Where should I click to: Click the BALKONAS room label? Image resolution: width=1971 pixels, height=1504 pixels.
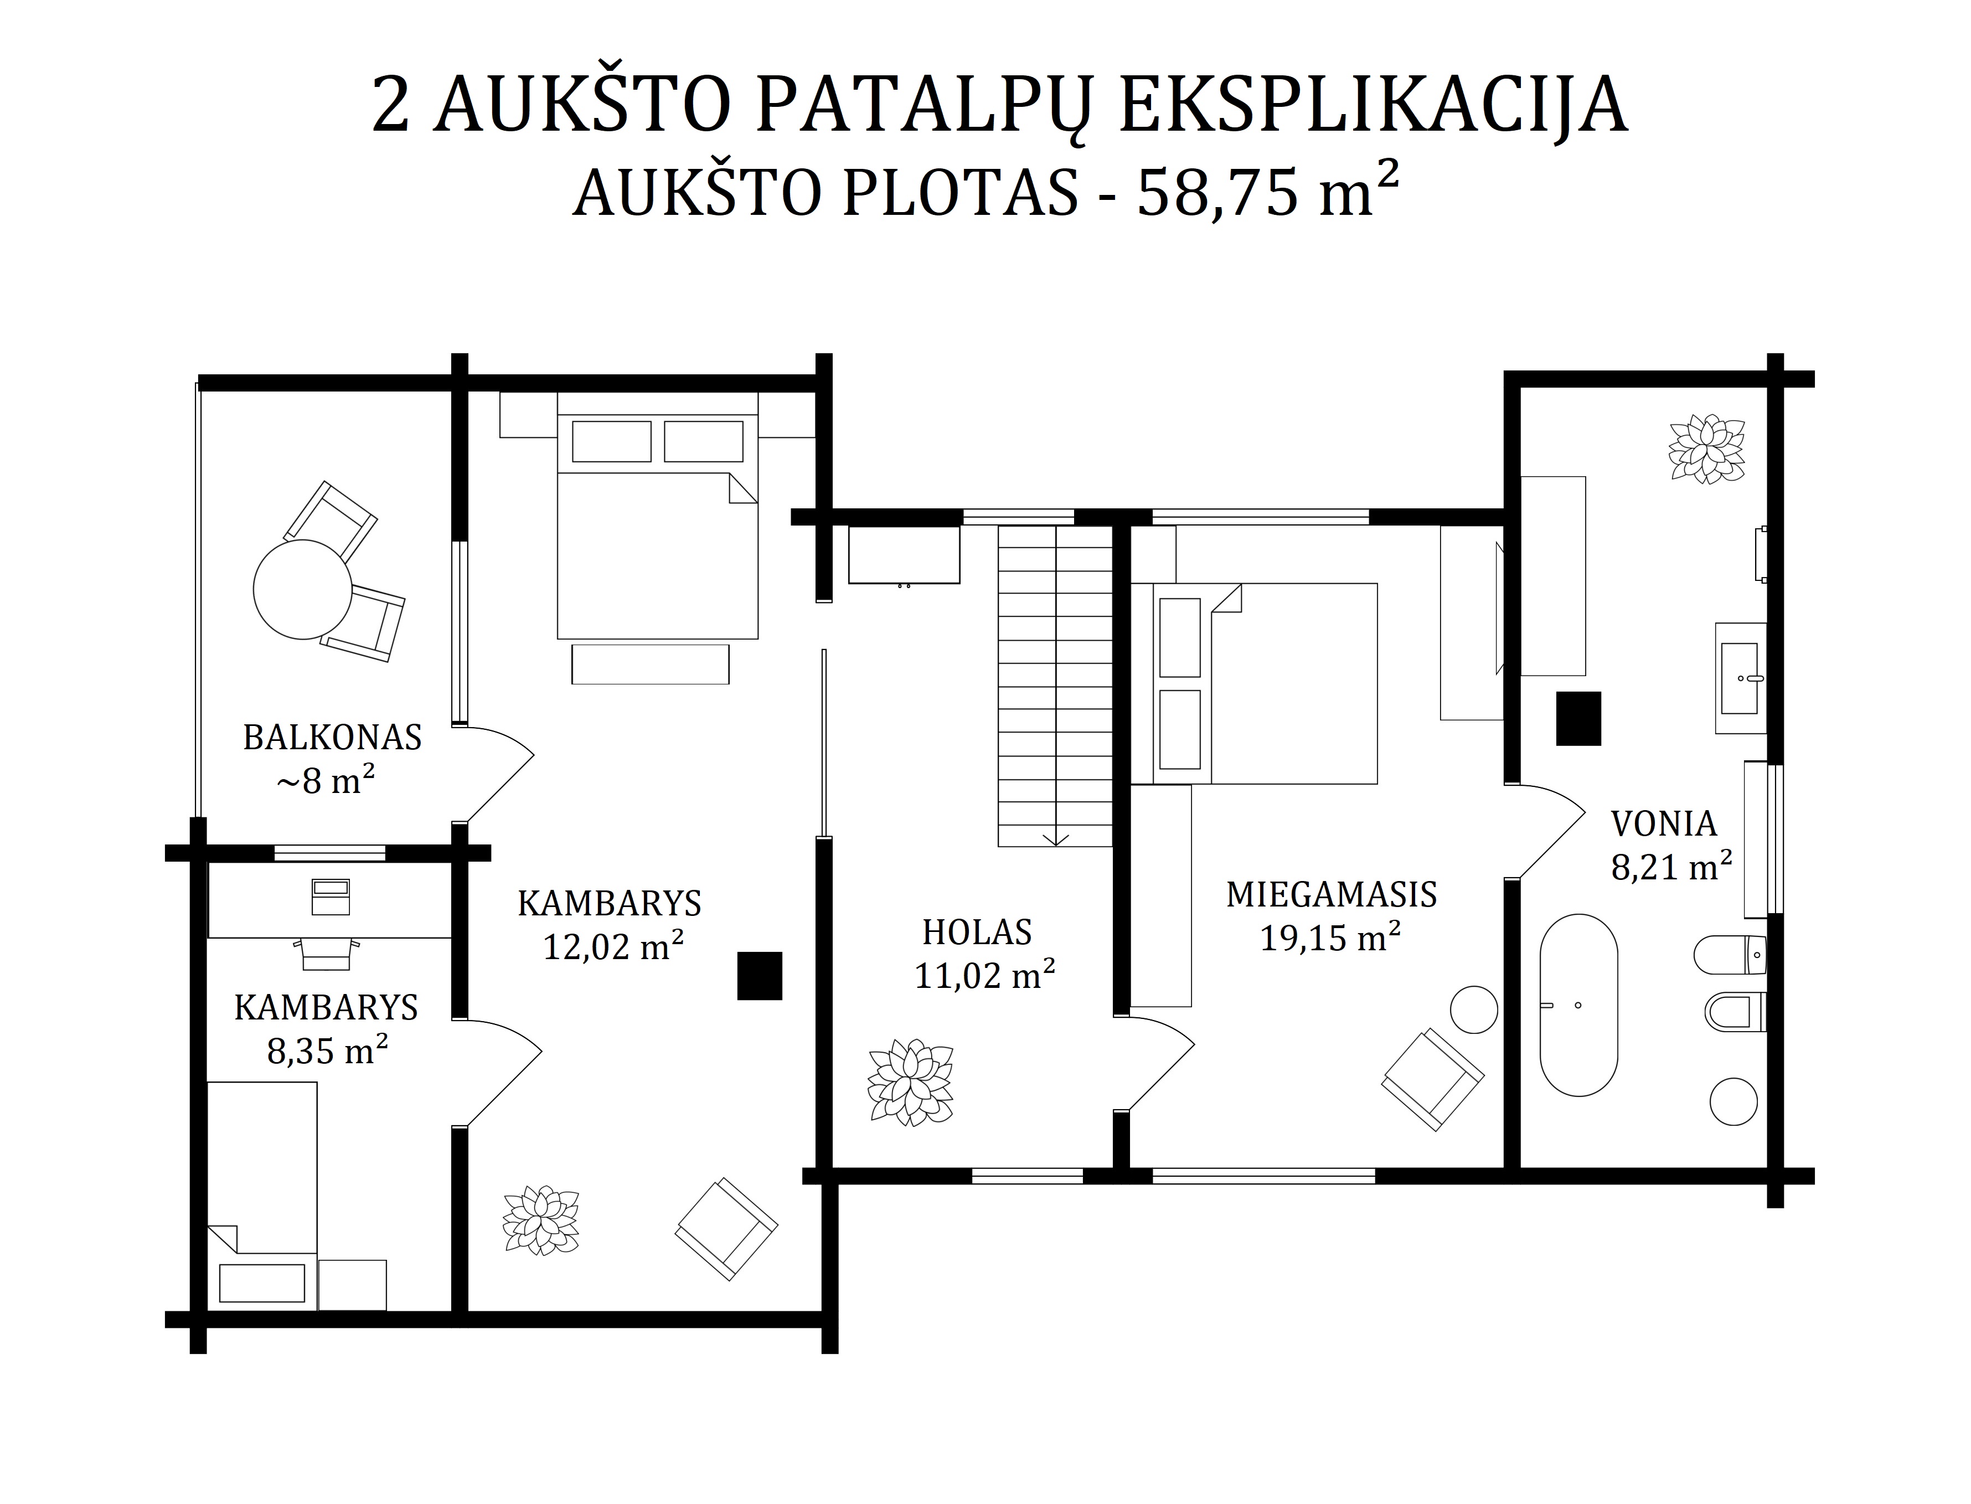[332, 737]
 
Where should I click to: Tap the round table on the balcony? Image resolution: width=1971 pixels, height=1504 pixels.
[302, 589]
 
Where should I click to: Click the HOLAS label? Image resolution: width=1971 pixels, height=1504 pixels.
[977, 932]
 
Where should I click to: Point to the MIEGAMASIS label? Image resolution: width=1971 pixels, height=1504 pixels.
[1331, 894]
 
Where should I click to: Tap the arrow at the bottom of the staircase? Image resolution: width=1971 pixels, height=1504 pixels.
[1056, 837]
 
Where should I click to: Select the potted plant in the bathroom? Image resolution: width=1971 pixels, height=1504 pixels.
[1707, 449]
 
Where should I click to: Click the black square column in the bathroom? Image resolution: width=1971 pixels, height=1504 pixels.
[1578, 718]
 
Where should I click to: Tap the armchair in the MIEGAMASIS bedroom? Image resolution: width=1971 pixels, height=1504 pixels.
[1432, 1080]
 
